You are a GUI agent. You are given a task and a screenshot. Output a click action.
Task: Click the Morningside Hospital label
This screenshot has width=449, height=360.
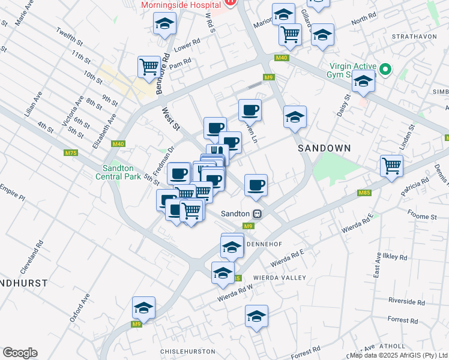coord(178,5)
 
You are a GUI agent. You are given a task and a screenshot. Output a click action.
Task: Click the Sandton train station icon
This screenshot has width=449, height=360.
coord(257,213)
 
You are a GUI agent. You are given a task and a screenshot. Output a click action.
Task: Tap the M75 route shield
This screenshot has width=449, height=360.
coord(71,153)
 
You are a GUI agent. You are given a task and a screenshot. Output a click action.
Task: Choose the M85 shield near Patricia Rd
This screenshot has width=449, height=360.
coord(364,193)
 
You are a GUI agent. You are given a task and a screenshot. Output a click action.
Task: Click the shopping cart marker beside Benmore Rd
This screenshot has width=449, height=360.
coord(149,66)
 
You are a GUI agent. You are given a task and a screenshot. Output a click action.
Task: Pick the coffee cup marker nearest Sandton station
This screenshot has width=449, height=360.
coord(256,185)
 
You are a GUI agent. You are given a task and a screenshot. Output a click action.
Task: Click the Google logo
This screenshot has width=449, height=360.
coord(20,352)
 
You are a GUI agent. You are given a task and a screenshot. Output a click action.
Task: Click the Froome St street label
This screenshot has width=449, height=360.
coord(421,217)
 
